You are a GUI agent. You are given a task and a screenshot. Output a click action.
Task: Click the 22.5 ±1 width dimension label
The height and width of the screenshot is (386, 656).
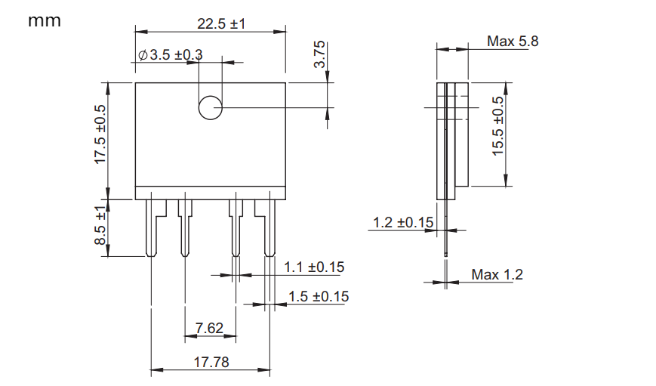click(x=221, y=24)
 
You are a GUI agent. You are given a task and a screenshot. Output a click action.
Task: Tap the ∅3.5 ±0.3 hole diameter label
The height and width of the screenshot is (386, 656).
click(x=171, y=55)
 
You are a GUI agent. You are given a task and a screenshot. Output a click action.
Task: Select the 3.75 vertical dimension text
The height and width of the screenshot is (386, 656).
click(x=319, y=54)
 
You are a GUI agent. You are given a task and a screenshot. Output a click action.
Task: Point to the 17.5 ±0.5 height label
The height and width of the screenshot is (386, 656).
click(x=100, y=134)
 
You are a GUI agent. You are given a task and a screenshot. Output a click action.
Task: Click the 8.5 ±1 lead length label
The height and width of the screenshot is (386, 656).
click(x=100, y=225)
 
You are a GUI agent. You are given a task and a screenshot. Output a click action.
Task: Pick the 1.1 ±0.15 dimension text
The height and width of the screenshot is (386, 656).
click(x=314, y=267)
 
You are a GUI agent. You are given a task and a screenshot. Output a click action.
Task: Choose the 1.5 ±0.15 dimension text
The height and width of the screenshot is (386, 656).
click(x=319, y=296)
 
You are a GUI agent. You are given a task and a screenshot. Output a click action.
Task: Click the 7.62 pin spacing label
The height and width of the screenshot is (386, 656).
click(x=209, y=328)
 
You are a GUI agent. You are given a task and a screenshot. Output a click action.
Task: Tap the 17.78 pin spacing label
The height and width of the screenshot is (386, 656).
click(x=211, y=362)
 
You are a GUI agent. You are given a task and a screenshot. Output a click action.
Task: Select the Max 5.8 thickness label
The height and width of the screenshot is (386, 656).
click(x=513, y=41)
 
